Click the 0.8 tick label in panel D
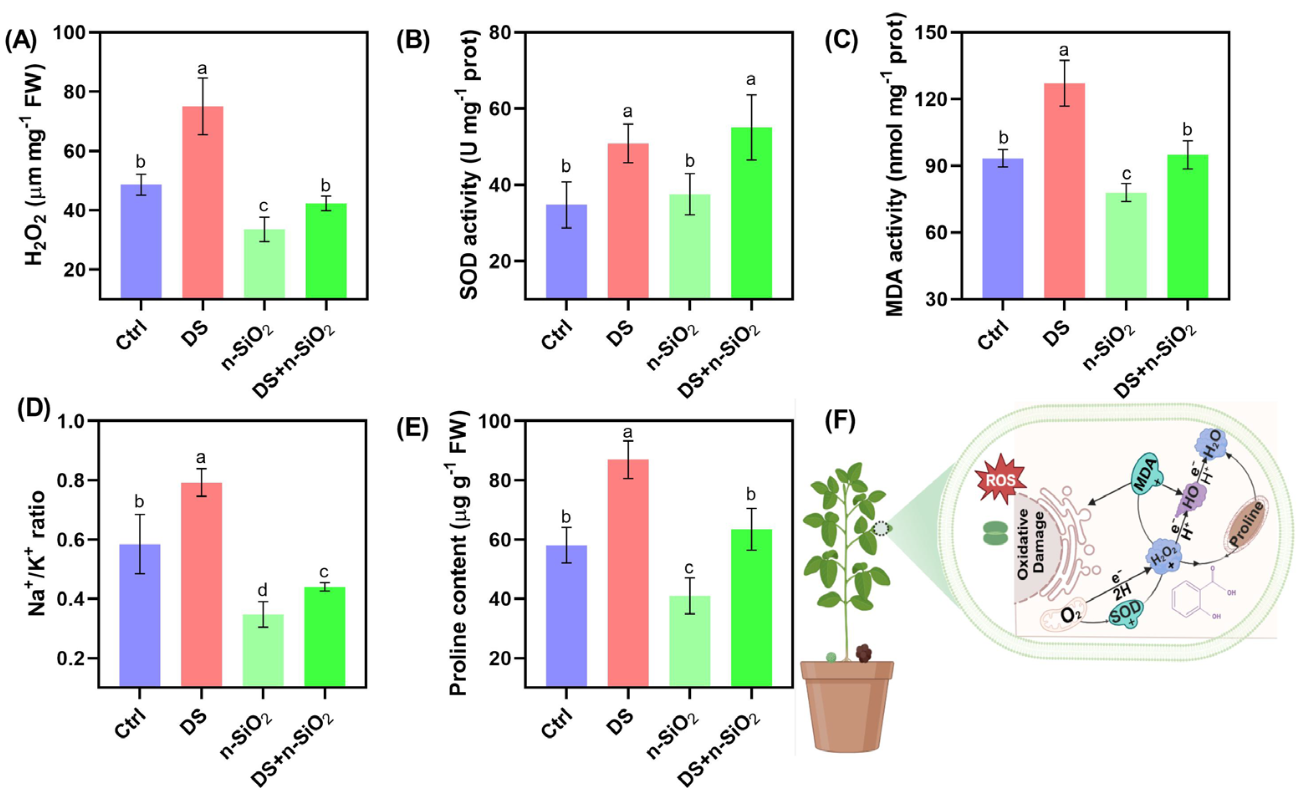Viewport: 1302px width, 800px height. [72, 480]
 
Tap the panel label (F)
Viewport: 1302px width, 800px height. [840, 421]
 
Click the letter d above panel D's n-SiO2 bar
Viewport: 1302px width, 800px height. [263, 589]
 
